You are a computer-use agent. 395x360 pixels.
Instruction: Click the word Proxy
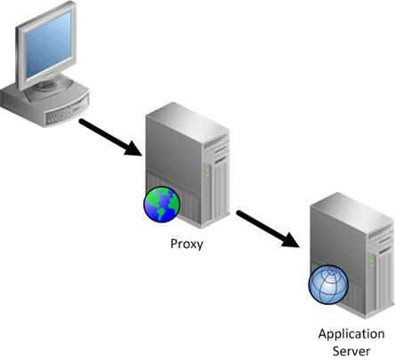tap(187, 244)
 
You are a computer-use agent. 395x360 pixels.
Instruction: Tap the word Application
tap(351, 335)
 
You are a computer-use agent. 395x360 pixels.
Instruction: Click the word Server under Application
tap(351, 351)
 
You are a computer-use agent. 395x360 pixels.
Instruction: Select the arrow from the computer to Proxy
tap(110, 137)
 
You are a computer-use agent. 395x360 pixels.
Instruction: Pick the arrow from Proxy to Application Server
tap(268, 228)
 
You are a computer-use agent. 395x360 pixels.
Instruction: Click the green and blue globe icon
tap(162, 204)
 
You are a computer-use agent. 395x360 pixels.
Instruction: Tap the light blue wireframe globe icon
tap(328, 284)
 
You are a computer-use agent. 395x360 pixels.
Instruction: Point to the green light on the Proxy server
tap(207, 170)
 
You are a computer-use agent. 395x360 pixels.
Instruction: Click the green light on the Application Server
tap(372, 260)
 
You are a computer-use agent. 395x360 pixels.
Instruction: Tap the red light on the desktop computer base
tap(61, 116)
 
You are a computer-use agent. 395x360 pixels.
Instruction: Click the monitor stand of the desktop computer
tap(51, 85)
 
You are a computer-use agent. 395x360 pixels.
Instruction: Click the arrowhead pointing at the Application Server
tap(291, 239)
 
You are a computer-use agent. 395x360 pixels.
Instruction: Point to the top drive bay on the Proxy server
tap(216, 141)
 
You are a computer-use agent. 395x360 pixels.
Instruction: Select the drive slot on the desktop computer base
tap(77, 106)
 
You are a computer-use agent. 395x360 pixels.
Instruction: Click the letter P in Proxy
tap(173, 244)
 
